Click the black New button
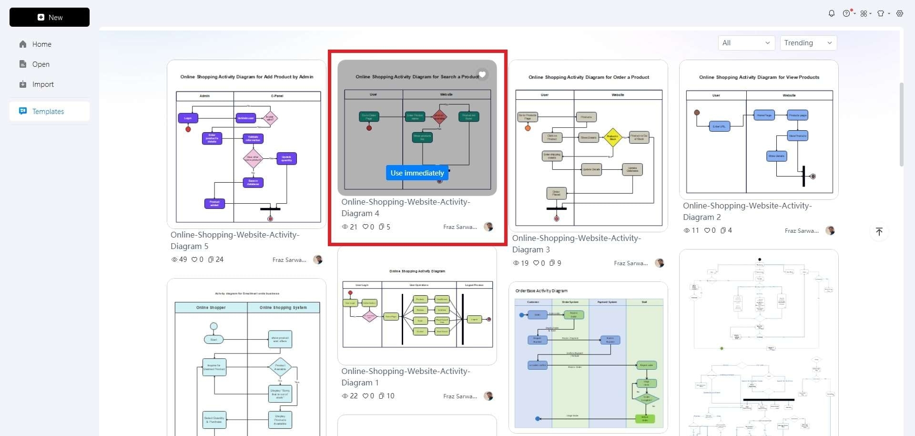pos(50,17)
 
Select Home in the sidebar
pos(41,44)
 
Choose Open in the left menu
pos(41,64)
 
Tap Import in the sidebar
pos(43,84)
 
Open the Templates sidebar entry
pos(48,112)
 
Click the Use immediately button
pos(417,173)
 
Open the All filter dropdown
pos(746,43)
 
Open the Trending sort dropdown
pos(808,43)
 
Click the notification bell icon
pos(832,13)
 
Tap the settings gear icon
pos(900,13)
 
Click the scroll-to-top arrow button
pos(879,232)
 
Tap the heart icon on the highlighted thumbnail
pos(482,74)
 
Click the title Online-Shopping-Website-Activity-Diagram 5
pos(234,240)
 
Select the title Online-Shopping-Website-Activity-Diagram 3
pos(576,244)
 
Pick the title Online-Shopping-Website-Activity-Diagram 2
pos(747,211)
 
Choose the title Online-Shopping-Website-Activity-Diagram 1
pos(405,377)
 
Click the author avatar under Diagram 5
pos(318,260)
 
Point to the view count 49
pos(179,260)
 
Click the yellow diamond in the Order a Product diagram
pos(613,137)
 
